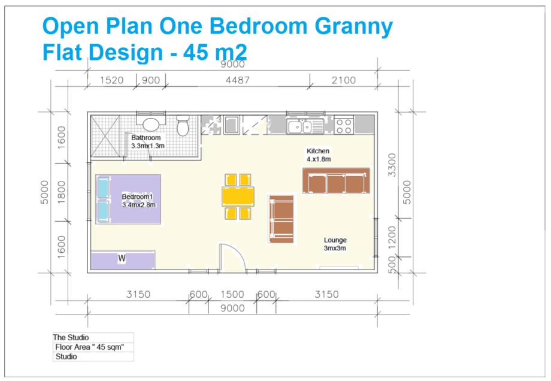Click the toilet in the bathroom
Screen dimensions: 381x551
tap(183, 126)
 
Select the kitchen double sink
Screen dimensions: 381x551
tap(305, 126)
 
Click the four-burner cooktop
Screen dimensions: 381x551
tap(344, 126)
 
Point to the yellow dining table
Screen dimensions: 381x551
tap(238, 196)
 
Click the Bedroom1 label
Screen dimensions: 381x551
tap(138, 197)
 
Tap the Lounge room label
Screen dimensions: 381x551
tap(335, 240)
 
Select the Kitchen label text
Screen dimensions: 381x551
tap(318, 151)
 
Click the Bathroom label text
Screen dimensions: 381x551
tap(146, 138)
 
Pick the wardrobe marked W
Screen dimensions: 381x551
tap(122, 259)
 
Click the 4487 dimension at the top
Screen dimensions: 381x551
tap(238, 80)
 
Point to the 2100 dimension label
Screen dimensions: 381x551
tap(343, 80)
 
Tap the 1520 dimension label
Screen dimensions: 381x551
tap(112, 80)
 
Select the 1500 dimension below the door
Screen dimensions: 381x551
tap(232, 294)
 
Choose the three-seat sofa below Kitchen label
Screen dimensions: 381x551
tap(336, 181)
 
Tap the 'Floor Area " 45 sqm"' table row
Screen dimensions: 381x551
tap(93, 347)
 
